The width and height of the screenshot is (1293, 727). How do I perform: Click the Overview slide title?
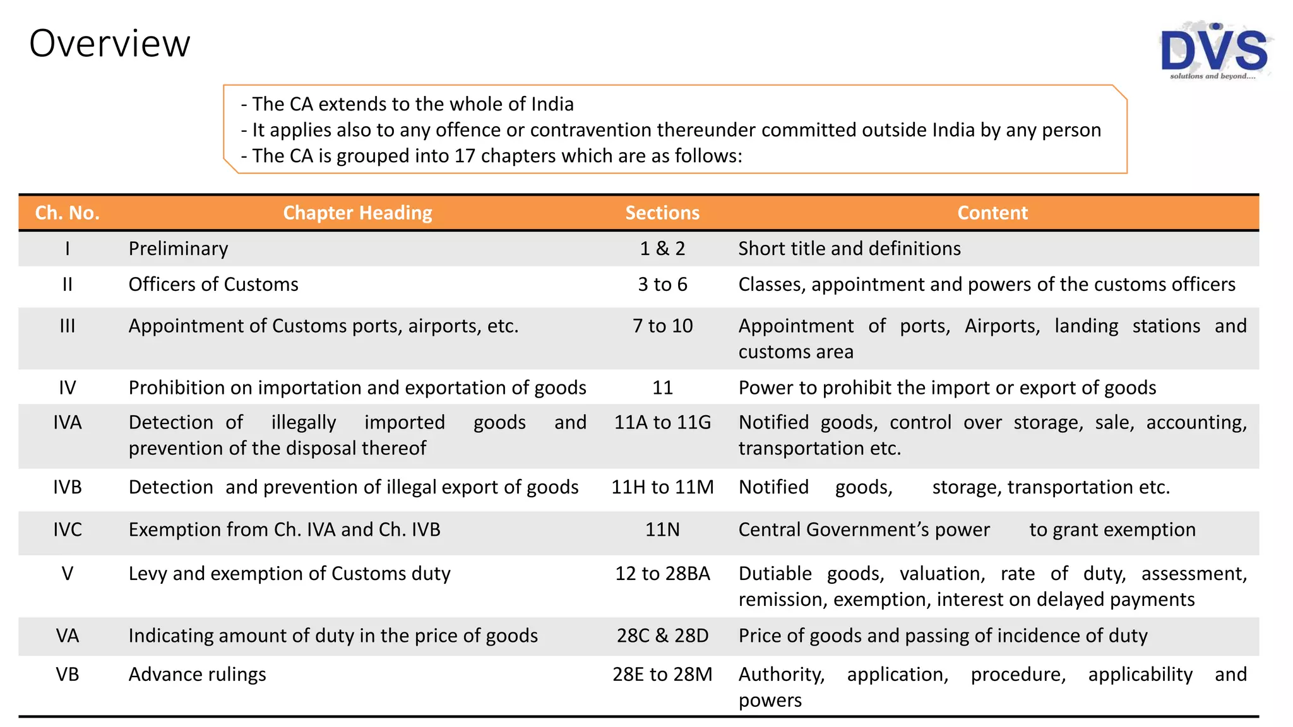[x=110, y=44]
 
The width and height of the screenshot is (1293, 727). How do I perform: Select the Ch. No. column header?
[x=68, y=213]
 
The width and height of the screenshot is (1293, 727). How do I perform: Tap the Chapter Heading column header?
[x=357, y=213]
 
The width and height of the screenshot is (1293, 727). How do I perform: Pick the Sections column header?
[x=662, y=213]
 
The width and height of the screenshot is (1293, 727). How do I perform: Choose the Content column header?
[x=992, y=213]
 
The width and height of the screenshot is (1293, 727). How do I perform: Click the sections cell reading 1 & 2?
[x=662, y=249]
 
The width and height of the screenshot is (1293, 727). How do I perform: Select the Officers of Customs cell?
[x=213, y=285]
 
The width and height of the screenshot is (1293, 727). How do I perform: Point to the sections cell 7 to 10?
[x=662, y=326]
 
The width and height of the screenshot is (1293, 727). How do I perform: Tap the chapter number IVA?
[x=68, y=422]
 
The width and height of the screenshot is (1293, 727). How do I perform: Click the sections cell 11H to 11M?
[x=662, y=487]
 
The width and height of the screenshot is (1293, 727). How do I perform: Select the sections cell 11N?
[x=662, y=529]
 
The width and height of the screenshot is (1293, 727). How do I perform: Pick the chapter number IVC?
[x=68, y=529]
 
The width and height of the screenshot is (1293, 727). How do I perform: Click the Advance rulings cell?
[x=197, y=675]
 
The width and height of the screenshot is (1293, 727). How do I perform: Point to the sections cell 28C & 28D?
[x=662, y=635]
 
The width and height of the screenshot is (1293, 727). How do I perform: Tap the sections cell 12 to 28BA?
[x=662, y=574]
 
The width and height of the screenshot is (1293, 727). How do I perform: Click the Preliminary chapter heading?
[x=178, y=249]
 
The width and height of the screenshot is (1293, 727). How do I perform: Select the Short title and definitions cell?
[x=849, y=249]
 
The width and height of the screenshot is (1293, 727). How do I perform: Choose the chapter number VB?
[x=68, y=675]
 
